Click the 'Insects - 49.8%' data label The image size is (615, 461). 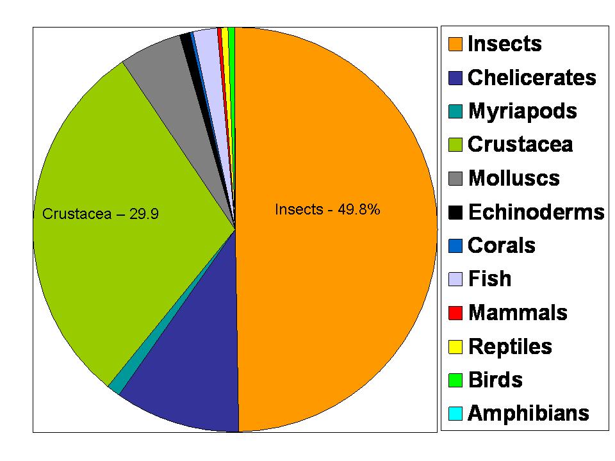327,209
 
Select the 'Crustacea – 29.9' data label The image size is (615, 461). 100,214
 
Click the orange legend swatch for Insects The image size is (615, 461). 454,45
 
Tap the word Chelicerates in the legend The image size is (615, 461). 532,78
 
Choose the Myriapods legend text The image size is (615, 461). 522,111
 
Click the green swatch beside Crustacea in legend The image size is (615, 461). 454,145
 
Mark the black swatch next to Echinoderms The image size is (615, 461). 454,212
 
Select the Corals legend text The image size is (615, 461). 502,246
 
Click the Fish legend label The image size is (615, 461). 489,279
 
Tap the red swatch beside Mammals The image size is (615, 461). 454,313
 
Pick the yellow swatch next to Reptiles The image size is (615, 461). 454,346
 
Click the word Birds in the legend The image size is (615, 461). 495,380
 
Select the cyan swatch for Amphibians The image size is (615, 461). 454,414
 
